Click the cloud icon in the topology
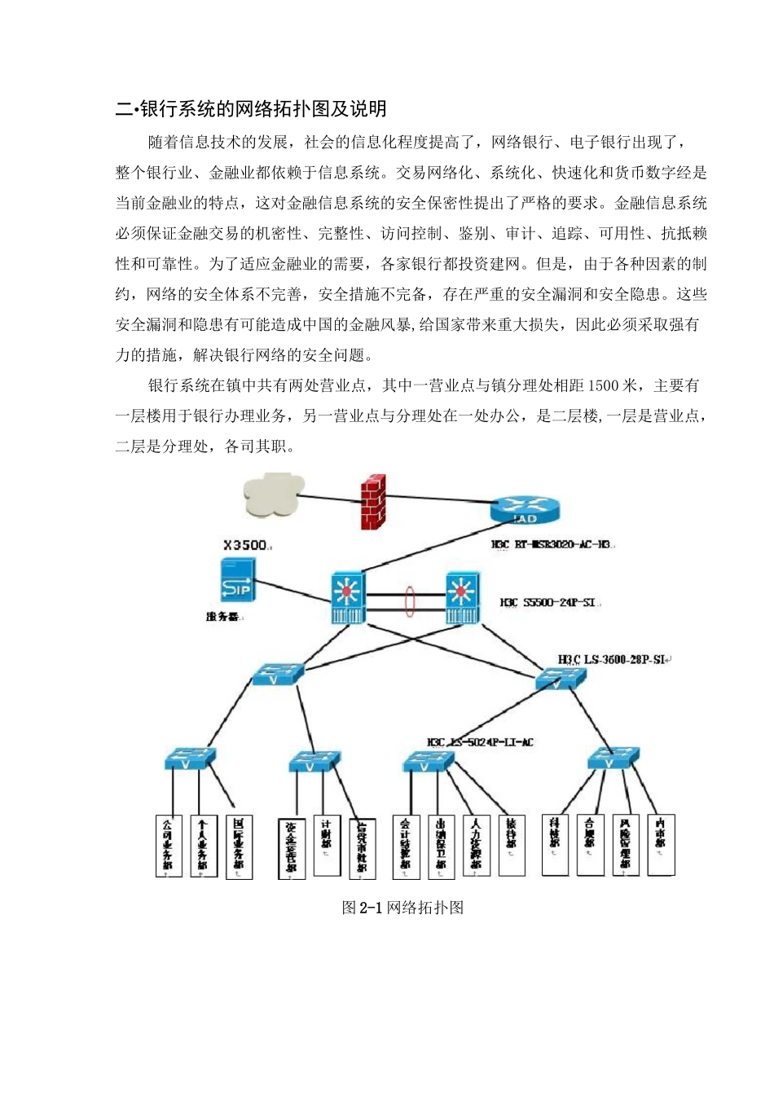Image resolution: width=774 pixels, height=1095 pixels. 273,495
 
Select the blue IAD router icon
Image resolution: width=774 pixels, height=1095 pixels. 525,512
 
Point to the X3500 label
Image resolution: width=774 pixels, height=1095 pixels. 245,544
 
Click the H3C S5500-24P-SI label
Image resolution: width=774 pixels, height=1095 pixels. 548,603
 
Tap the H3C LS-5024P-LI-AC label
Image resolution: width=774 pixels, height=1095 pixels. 480,742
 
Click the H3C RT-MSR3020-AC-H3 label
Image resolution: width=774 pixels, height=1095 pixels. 551,544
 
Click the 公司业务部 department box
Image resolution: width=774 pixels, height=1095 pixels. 169,846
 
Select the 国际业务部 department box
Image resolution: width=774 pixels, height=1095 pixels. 239,846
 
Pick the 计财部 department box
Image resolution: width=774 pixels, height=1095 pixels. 327,846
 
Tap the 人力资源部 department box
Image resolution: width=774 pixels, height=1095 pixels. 476,846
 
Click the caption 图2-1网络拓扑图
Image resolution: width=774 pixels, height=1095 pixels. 402,908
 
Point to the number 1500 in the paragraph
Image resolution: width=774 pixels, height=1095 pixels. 604,385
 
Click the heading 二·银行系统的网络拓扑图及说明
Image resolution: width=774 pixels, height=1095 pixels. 251,109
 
